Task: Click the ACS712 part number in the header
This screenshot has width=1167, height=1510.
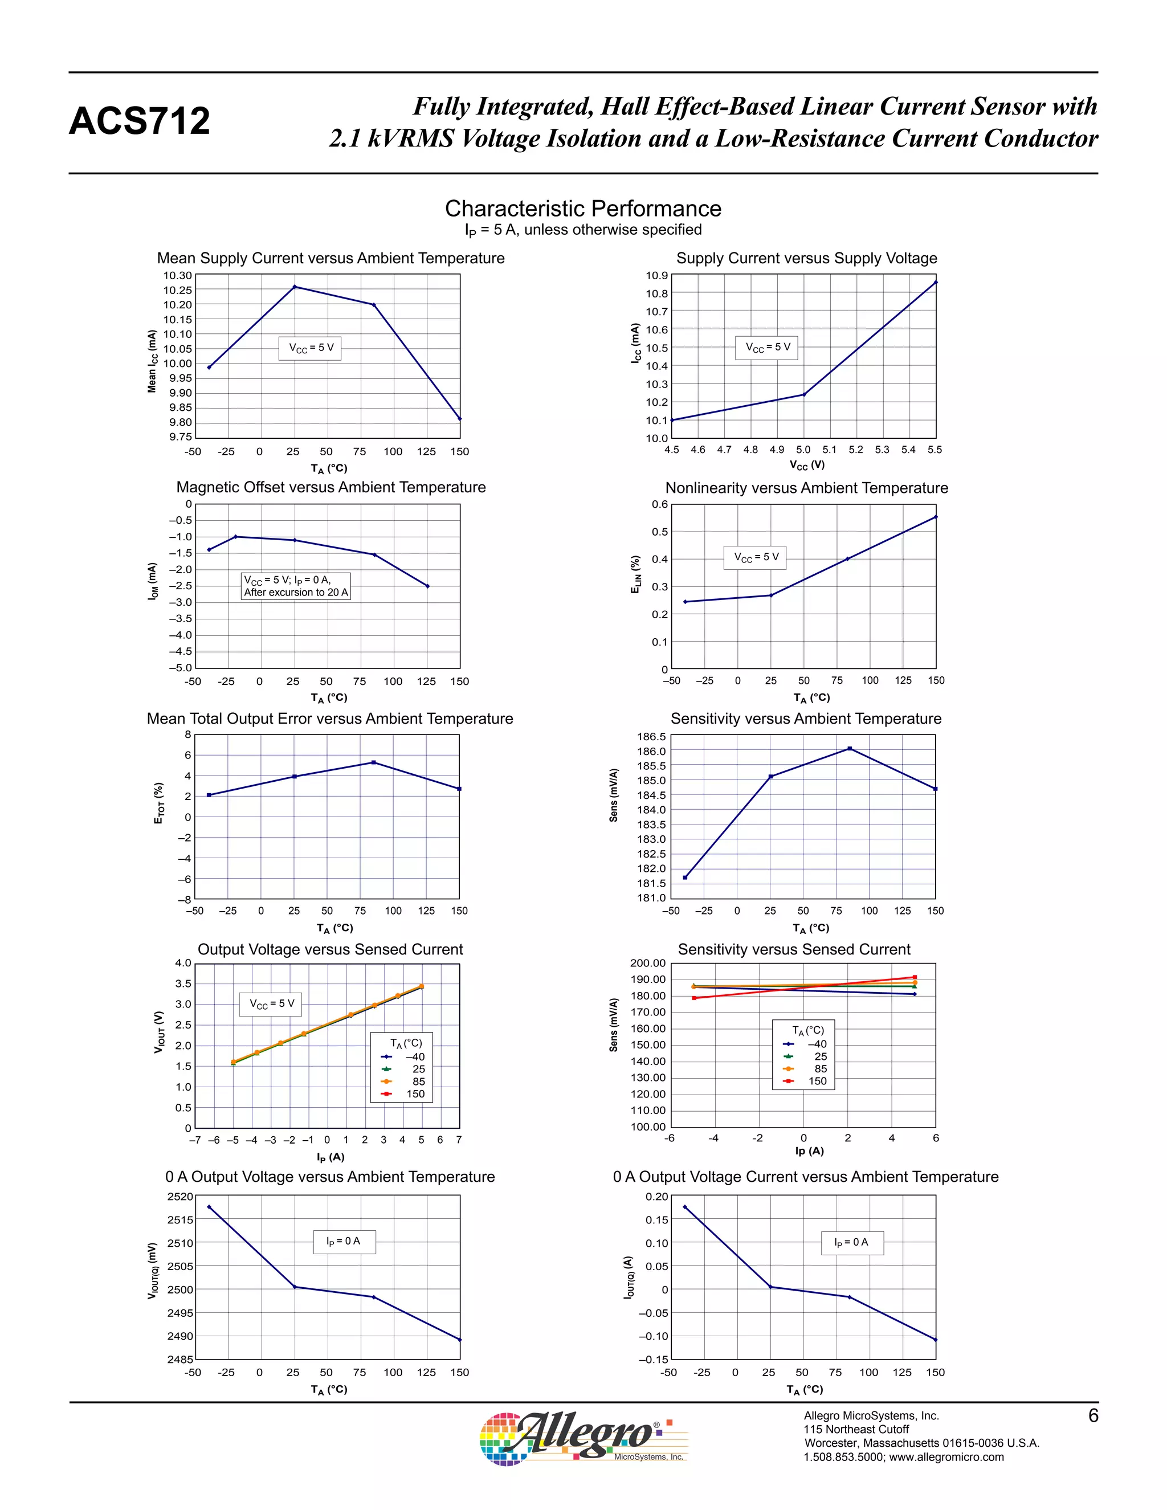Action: pos(139,121)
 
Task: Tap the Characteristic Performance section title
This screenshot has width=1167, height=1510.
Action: pos(583,208)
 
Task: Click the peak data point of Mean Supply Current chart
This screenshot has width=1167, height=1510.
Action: pos(295,286)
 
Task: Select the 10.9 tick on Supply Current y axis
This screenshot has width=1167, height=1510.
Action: pos(657,276)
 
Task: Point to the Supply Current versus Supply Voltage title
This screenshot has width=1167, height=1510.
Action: pos(806,258)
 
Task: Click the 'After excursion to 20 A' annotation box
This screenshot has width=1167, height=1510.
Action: pos(296,586)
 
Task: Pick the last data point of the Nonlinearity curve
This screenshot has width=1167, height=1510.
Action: pos(936,516)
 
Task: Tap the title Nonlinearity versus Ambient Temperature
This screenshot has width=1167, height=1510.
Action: pos(806,488)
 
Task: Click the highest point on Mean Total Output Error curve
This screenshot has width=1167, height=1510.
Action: pos(373,762)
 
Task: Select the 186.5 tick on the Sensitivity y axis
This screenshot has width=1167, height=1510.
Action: pos(652,737)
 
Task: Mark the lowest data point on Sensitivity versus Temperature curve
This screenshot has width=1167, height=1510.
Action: pos(685,878)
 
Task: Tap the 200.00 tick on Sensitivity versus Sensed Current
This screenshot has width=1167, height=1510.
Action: pos(648,963)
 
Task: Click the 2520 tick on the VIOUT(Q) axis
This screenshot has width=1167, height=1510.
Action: pos(179,1197)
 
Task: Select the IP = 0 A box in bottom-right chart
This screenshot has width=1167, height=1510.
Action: pos(852,1242)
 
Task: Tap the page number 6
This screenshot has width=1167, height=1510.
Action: pos(1093,1416)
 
